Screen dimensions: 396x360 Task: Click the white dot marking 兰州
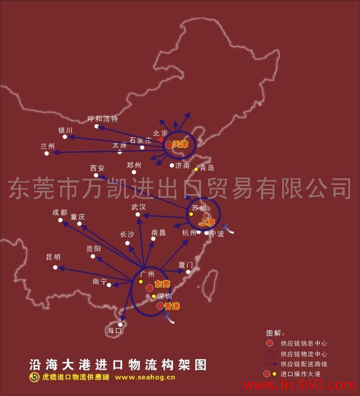click(x=47, y=153)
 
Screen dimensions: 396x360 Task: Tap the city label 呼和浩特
click(x=103, y=119)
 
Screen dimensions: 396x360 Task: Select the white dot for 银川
click(x=65, y=137)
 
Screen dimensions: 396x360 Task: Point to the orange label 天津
click(x=180, y=144)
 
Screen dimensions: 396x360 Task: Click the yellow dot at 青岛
click(x=196, y=169)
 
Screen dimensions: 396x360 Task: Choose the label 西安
click(x=97, y=168)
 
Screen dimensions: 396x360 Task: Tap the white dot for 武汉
click(x=138, y=214)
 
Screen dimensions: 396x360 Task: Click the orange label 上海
click(x=207, y=222)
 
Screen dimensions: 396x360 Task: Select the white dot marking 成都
click(x=60, y=220)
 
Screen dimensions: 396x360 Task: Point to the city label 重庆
click(x=77, y=216)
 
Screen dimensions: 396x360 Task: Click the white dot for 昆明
click(x=55, y=267)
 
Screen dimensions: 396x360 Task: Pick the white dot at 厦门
click(x=188, y=272)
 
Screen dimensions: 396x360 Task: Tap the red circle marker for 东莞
click(x=149, y=288)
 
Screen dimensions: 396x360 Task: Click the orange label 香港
click(x=172, y=307)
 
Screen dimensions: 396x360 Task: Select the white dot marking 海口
click(x=120, y=324)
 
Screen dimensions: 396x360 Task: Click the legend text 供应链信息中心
click(x=304, y=343)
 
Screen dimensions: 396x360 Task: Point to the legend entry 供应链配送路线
click(x=304, y=364)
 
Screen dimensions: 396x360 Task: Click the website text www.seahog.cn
click(x=145, y=377)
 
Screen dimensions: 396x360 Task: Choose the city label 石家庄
click(x=141, y=140)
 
